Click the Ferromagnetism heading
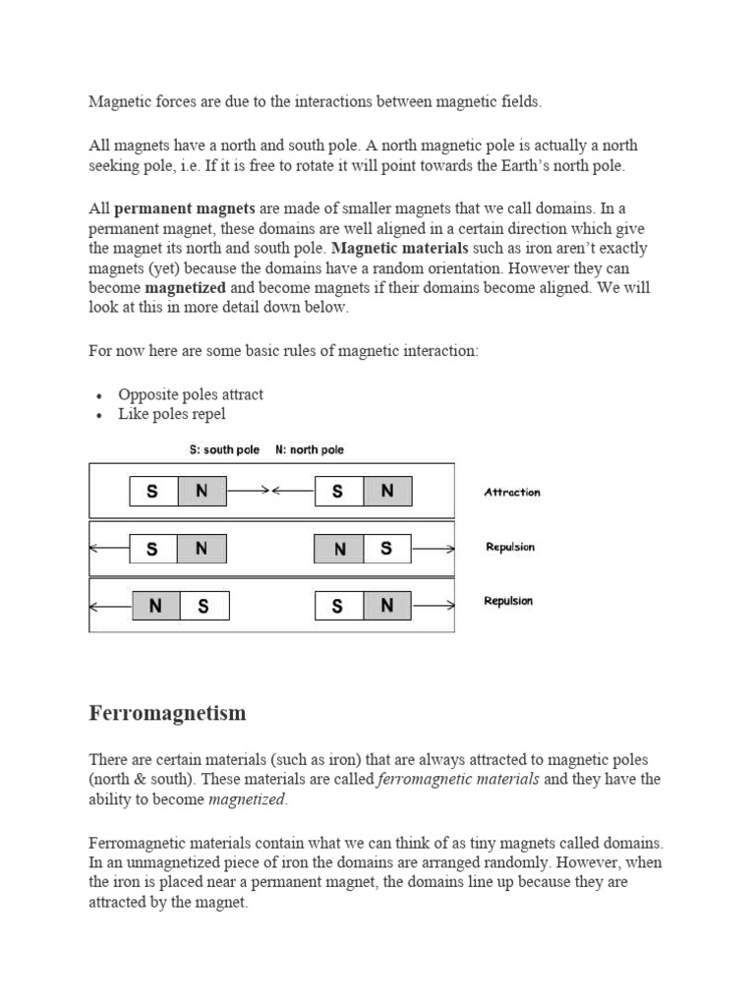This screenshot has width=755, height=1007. tap(167, 713)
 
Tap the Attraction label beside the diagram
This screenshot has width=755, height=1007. tap(512, 493)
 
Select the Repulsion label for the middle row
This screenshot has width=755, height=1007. tap(510, 547)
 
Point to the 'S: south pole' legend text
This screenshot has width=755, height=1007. tap(224, 449)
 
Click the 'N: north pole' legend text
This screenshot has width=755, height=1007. tap(310, 449)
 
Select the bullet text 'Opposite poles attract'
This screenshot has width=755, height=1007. tap(191, 394)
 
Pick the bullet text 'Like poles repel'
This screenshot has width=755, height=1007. tap(172, 414)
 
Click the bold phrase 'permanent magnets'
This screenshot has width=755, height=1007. tap(185, 208)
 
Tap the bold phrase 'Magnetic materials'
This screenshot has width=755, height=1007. tap(400, 248)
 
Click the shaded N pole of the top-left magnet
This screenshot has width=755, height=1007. tap(202, 492)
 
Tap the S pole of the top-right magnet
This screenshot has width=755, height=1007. tap(338, 492)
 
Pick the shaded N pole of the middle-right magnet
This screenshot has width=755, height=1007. tap(339, 549)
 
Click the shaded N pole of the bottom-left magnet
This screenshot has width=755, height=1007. tap(155, 606)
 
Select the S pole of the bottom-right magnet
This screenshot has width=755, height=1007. tap(338, 606)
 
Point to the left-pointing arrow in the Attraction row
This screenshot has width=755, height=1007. tap(294, 491)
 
